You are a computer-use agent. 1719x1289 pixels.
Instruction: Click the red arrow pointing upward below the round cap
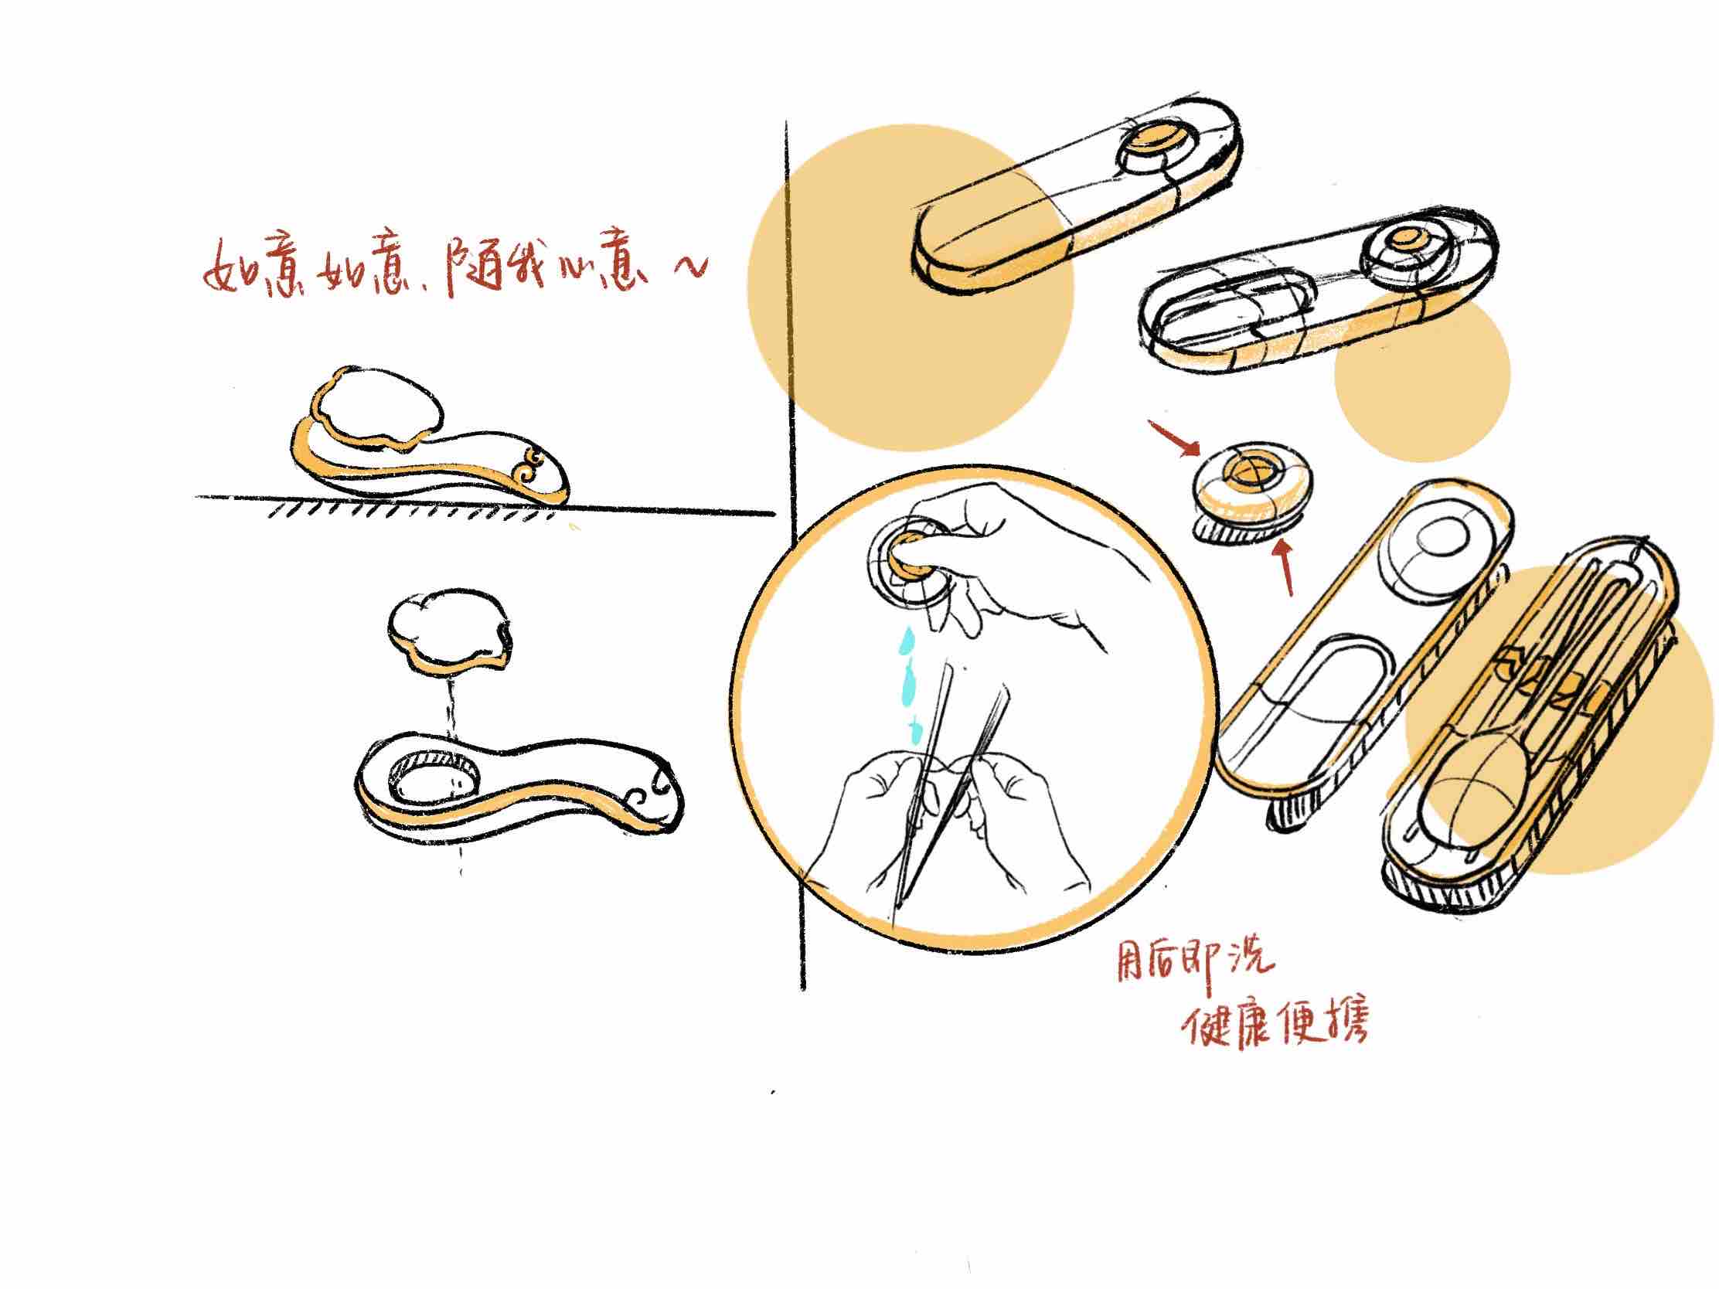pyautogui.click(x=1283, y=568)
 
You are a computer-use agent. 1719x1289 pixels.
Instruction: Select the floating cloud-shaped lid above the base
pyautogui.click(x=451, y=632)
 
